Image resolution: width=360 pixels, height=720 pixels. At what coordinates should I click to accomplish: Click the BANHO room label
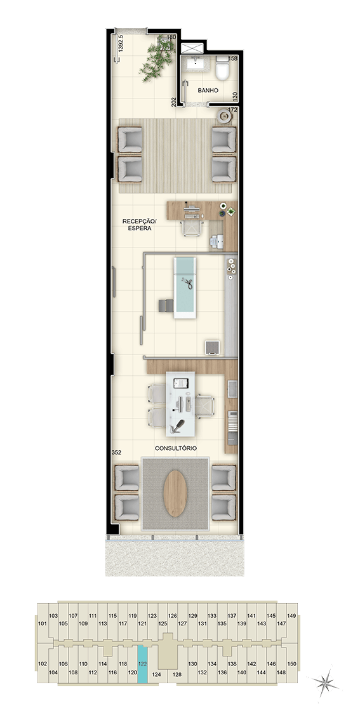pos(208,90)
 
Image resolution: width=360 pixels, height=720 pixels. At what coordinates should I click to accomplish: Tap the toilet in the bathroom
pos(223,67)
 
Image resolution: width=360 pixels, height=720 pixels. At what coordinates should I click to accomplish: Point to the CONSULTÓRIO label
pos(176,448)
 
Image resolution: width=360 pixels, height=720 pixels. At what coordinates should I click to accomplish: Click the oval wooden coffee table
pos(175,493)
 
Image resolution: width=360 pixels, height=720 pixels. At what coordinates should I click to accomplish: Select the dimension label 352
pos(116,453)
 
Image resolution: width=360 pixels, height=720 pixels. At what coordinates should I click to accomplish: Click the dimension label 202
pos(174,102)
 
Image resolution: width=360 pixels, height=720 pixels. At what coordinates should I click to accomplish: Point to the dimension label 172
pos(233,110)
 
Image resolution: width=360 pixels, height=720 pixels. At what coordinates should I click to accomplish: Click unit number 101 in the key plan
pos(43,623)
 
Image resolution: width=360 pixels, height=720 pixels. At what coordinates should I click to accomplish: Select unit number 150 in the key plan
pos(291,664)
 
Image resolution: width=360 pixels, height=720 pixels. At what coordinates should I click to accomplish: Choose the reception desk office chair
pos(192,227)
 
